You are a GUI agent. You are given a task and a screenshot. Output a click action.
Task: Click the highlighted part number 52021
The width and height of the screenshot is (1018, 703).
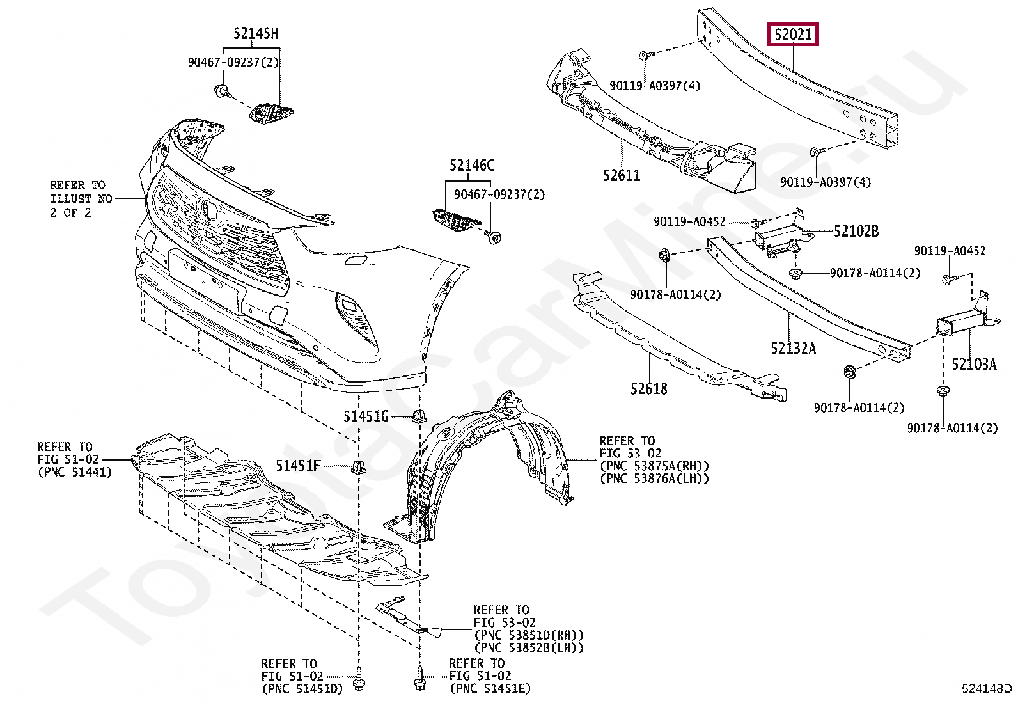793,34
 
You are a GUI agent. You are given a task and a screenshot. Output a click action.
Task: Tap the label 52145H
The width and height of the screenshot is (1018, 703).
256,33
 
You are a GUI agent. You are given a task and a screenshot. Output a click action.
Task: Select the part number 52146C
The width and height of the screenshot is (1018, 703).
472,166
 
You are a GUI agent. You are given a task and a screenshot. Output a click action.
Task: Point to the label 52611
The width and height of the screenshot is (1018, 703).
622,175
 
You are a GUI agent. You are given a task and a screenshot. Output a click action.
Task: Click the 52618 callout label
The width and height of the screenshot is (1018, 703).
648,388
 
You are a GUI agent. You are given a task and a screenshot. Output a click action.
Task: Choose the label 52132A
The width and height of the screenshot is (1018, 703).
793,348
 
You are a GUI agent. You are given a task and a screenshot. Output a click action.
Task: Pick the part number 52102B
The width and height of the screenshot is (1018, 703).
856,231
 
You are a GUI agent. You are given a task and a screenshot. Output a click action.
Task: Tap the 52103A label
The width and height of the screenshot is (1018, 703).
973,364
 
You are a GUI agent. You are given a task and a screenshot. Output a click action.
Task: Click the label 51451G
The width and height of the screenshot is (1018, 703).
366,417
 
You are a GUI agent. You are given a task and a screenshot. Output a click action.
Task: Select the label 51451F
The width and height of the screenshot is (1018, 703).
298,466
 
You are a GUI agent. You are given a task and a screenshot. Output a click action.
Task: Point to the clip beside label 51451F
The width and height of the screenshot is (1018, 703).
359,467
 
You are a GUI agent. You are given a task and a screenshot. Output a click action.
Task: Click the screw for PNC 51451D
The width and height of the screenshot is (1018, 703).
357,677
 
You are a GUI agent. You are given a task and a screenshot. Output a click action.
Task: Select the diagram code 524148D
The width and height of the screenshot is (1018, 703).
987,689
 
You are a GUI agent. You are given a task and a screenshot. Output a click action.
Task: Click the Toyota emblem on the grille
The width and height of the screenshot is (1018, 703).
208,209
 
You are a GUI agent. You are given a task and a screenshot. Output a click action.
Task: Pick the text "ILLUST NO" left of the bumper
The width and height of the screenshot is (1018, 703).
81,199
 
